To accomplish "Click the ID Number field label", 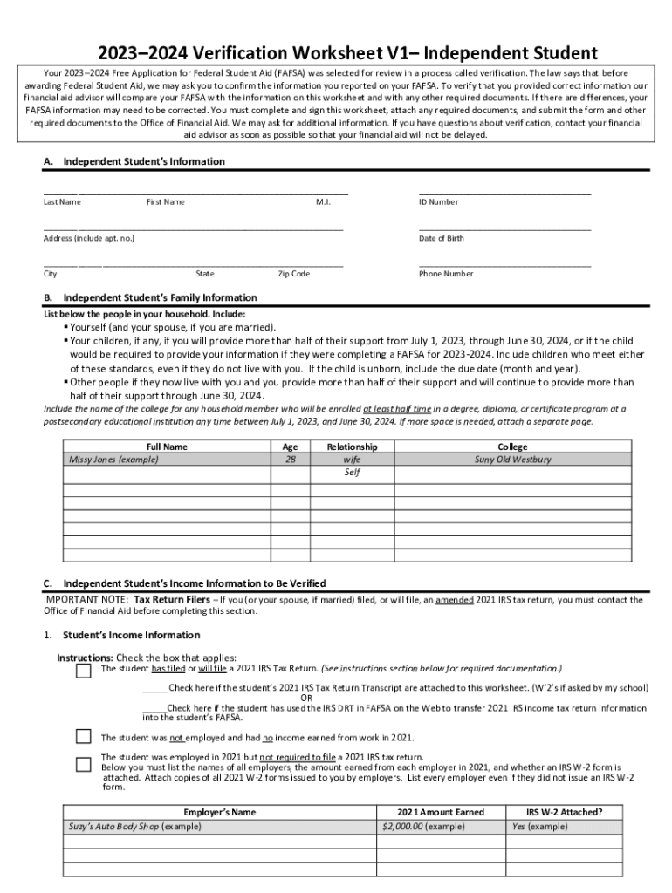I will [438, 202].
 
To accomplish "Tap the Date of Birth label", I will [442, 238].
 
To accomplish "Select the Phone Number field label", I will [446, 274].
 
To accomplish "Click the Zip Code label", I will [293, 274].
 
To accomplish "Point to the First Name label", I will [165, 202].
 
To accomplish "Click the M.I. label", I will [323, 202].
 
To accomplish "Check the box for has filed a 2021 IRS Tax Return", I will [83, 671].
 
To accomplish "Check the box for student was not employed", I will [83, 736].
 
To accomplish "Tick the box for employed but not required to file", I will [83, 764].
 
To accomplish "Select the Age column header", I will [290, 446].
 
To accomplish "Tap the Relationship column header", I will [352, 446].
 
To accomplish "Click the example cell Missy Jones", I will [113, 460].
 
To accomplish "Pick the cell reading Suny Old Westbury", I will [512, 460].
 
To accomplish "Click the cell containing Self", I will [352, 473].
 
